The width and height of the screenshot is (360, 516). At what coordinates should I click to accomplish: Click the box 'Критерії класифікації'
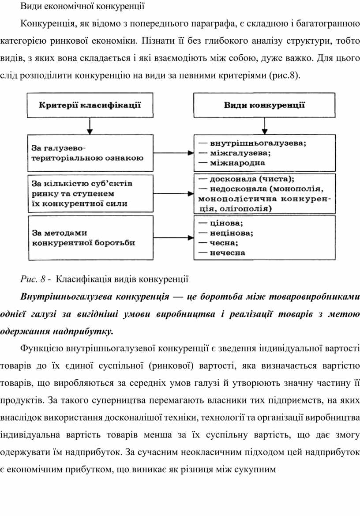(90, 105)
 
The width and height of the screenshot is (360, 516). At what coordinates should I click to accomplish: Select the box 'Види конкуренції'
(264, 105)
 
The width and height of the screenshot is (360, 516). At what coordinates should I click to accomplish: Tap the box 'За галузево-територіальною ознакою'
(90, 153)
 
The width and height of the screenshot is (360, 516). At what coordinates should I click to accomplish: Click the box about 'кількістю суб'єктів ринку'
(90, 193)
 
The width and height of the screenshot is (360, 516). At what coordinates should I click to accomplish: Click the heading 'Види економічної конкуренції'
(83, 7)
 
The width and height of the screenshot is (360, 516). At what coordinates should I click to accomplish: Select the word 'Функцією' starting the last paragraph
(42, 349)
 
